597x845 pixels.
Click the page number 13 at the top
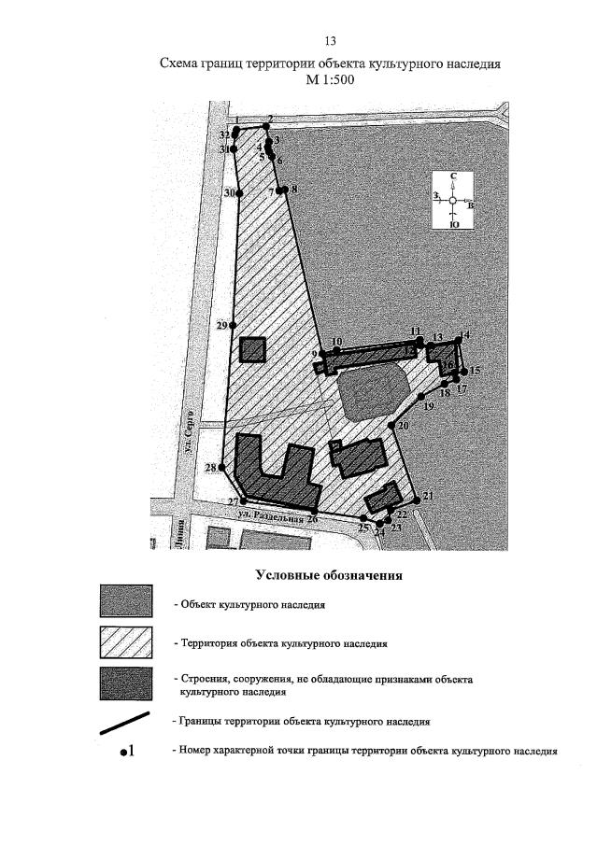pos(329,42)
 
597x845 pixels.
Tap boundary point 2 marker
pos(268,127)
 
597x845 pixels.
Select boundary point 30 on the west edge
pos(239,193)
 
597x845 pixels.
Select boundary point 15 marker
pos(464,371)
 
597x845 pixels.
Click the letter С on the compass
pos(453,176)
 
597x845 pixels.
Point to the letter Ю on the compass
pos(453,224)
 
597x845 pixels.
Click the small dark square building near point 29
pos(252,350)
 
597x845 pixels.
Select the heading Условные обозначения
pos(328,575)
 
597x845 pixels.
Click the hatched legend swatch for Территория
pos(125,642)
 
